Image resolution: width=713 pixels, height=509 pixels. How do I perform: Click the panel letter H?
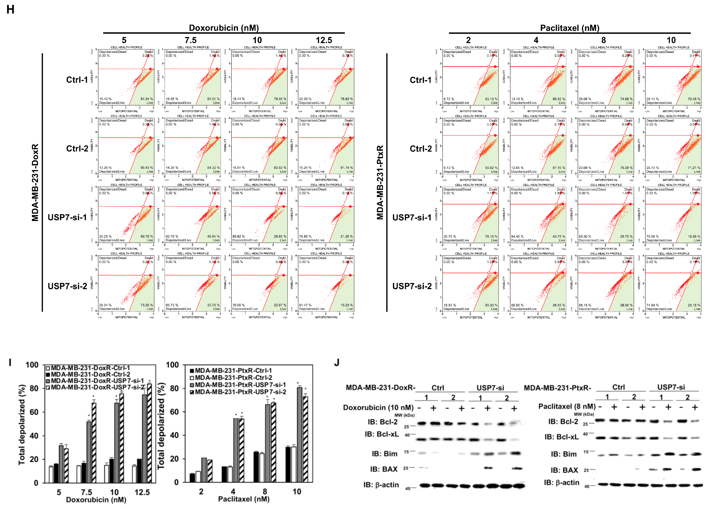tap(10, 9)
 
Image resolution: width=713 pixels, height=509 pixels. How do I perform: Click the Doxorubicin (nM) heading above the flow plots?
tap(224, 28)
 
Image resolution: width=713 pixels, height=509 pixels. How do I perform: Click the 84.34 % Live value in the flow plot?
tap(146, 99)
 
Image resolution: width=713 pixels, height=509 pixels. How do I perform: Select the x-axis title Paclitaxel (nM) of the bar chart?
tap(244, 499)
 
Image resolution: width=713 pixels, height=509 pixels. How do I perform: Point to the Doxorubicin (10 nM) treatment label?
tap(378, 408)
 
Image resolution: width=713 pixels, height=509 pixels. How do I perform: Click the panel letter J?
tap(337, 363)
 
